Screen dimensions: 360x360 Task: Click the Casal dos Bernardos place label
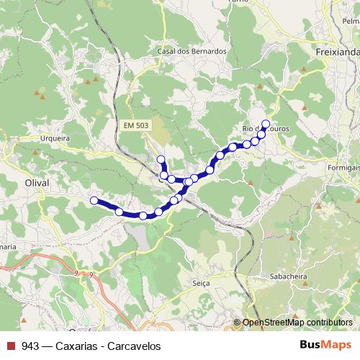pos(192,52)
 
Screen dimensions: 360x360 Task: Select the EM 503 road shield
pos(136,126)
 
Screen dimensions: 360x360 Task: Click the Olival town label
pos(37,183)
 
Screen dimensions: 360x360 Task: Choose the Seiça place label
pos(201,283)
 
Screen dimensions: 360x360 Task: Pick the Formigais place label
pos(341,167)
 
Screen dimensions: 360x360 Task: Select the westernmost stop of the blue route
pos(94,200)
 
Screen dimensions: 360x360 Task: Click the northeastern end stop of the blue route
pos(266,123)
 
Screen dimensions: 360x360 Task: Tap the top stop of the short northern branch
pos(161,159)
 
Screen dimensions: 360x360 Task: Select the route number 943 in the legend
pos(30,346)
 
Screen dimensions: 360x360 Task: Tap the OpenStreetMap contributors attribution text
pos(297,323)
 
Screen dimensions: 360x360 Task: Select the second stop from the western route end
pos(120,211)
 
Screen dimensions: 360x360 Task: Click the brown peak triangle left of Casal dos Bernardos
pos(88,81)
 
